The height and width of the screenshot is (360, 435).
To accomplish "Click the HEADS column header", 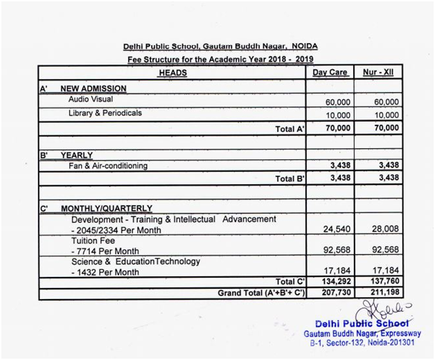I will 172,73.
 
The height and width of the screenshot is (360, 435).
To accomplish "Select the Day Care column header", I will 330,73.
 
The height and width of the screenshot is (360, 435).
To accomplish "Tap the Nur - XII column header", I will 378,73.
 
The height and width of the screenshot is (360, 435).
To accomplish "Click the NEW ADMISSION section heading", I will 94,89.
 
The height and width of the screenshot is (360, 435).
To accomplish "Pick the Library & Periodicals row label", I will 105,113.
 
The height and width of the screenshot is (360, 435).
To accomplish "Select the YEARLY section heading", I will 76,155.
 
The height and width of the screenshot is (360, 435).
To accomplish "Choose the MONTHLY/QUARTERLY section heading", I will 107,208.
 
